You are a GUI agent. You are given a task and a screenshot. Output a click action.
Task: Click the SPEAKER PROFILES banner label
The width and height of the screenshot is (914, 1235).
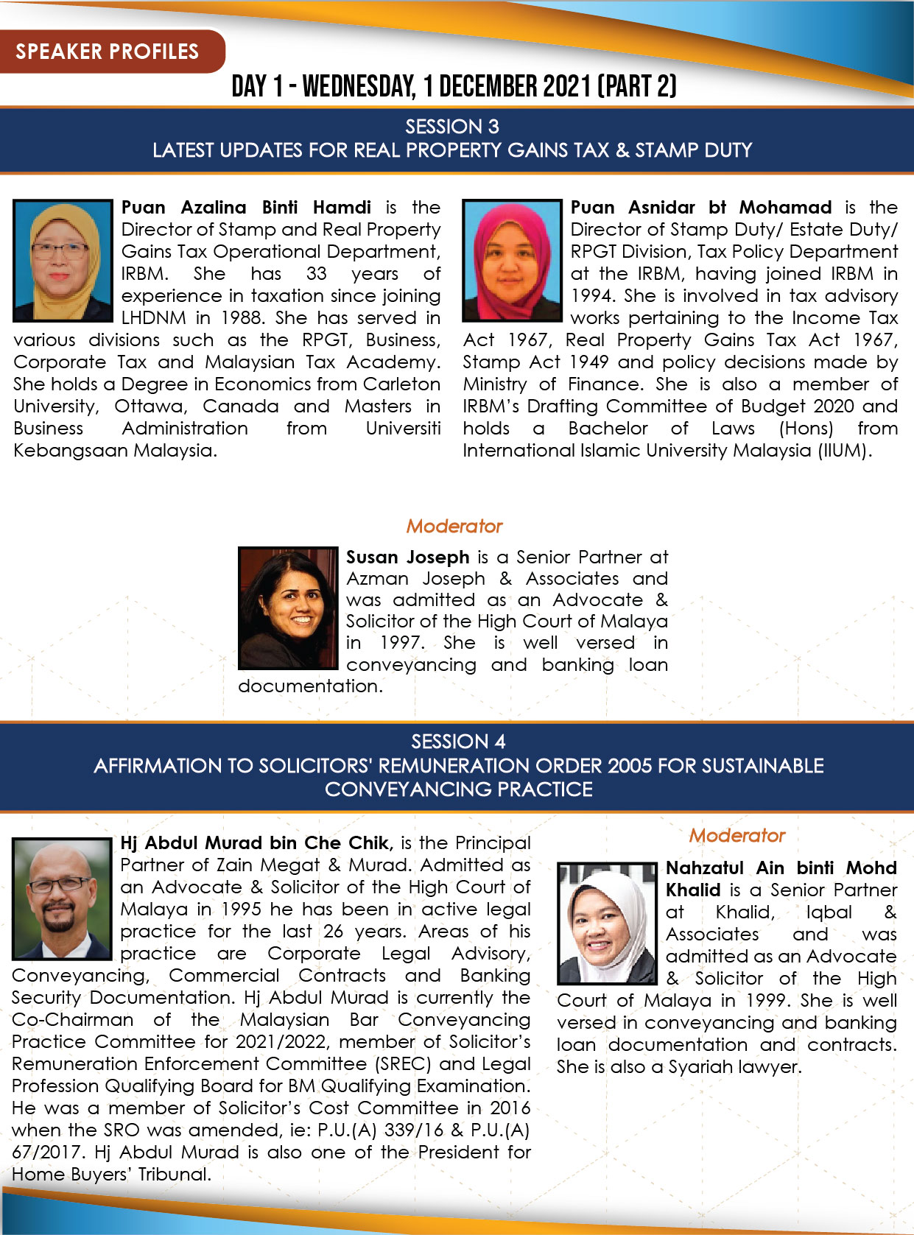108,52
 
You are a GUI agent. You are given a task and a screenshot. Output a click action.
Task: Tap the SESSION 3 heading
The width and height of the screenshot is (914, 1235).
452,127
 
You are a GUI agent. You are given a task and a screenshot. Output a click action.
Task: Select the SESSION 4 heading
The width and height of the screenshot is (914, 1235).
458,741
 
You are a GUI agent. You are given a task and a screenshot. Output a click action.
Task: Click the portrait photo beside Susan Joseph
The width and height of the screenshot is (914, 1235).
288,608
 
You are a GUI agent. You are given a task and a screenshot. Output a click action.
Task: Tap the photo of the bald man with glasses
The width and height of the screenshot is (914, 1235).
62,898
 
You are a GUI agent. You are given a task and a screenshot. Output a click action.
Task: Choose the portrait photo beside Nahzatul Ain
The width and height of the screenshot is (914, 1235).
607,923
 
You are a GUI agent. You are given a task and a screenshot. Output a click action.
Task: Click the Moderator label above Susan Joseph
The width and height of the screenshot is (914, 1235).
454,526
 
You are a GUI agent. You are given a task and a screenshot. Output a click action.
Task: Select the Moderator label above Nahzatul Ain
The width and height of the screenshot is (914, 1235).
737,835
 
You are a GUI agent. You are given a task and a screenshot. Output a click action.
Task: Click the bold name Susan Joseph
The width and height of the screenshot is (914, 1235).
408,557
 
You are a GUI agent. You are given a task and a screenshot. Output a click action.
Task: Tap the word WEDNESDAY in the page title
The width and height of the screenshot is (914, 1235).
359,87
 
